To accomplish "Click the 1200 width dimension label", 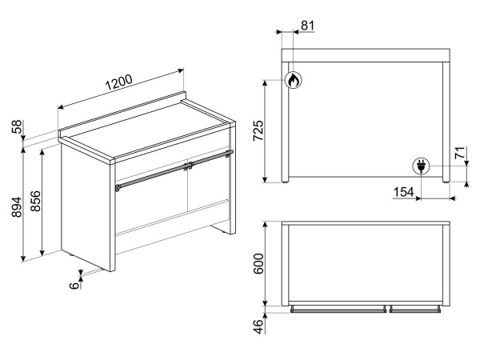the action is pyautogui.click(x=119, y=82).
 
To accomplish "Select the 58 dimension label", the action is pyautogui.click(x=17, y=126).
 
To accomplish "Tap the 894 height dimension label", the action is pyautogui.click(x=17, y=207).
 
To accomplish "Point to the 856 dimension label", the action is pyautogui.click(x=35, y=201).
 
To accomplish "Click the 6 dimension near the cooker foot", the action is pyautogui.click(x=74, y=286).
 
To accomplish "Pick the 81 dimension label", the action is pyautogui.click(x=307, y=26).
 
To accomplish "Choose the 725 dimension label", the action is pyautogui.click(x=258, y=130).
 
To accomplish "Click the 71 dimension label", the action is pyautogui.click(x=460, y=153).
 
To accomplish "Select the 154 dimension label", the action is pyautogui.click(x=403, y=192).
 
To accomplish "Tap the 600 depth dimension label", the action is pyautogui.click(x=258, y=264).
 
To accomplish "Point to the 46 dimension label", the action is pyautogui.click(x=258, y=326).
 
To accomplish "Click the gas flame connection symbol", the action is pyautogui.click(x=293, y=80).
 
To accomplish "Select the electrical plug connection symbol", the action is pyautogui.click(x=422, y=166).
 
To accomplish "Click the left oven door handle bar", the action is pyautogui.click(x=152, y=177).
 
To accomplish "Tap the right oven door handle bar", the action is pyautogui.click(x=211, y=158).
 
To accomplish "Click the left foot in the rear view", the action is pyautogui.click(x=285, y=182).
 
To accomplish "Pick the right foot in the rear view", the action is pyautogui.click(x=446, y=182).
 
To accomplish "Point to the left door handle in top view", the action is pyautogui.click(x=338, y=310).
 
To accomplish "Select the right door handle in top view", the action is pyautogui.click(x=415, y=310).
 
